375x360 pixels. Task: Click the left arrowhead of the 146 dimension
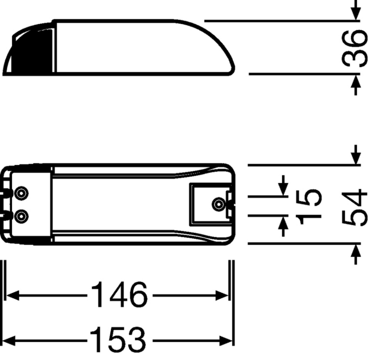click(x=12, y=295)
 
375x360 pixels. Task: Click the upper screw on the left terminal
click(x=22, y=193)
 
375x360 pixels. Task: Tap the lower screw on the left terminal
click(x=22, y=215)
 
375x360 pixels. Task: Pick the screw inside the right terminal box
click(x=217, y=204)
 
